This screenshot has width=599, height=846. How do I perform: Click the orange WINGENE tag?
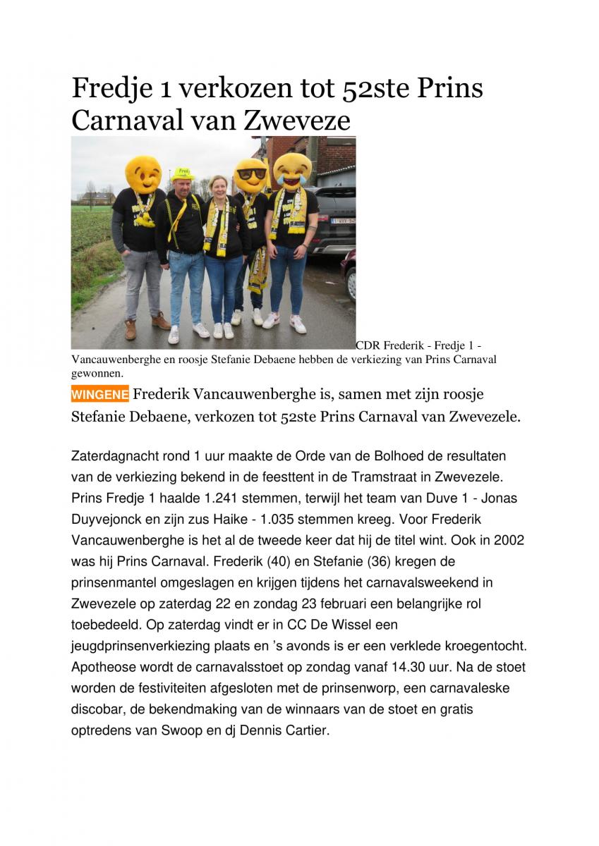[99, 395]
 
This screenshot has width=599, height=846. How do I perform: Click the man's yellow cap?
[183, 173]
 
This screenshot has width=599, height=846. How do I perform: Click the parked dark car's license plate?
[344, 221]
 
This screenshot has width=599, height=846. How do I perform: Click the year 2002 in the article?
[510, 540]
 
